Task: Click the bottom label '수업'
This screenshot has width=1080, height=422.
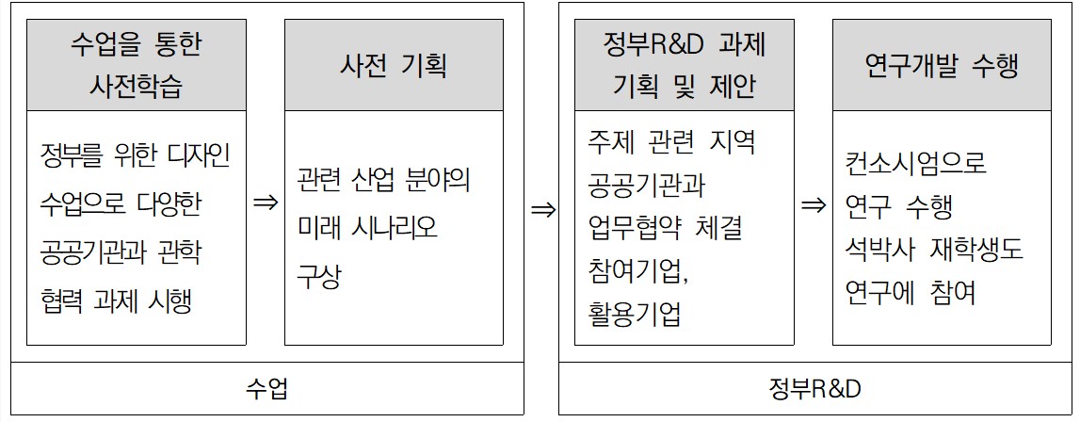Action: click(266, 388)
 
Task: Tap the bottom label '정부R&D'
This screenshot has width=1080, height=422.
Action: click(814, 388)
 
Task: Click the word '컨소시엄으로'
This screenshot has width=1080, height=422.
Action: click(916, 163)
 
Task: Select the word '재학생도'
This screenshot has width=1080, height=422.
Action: click(975, 250)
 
